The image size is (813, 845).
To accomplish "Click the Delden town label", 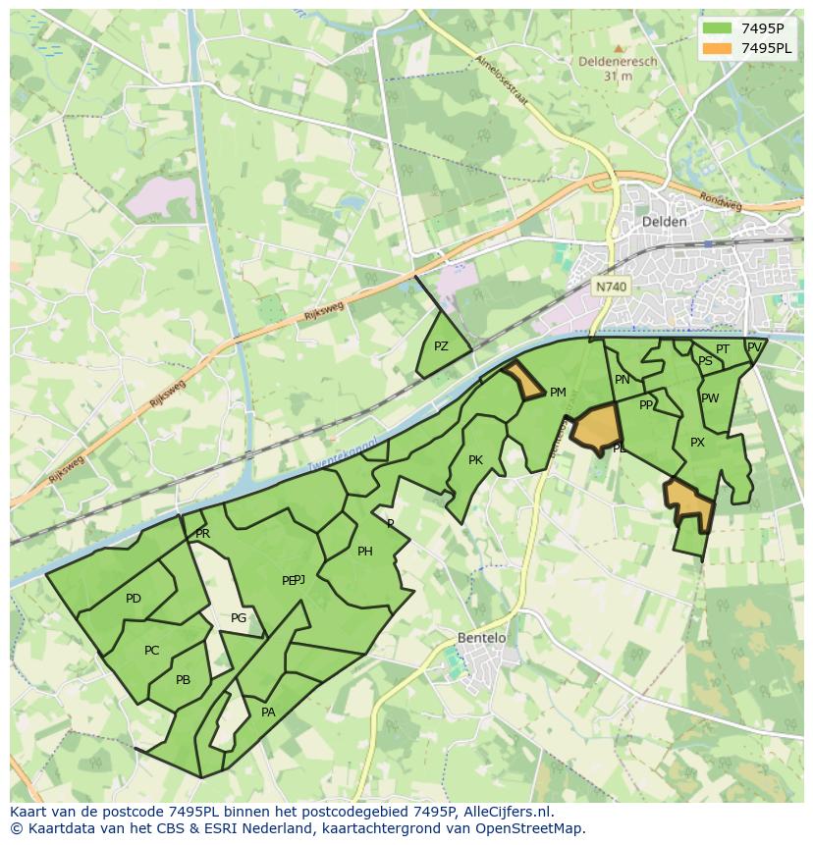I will point(664,222).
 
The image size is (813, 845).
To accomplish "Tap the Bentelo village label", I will point(481,638).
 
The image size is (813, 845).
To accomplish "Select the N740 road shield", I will point(611,287).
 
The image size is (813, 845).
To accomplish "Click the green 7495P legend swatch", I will point(718,27).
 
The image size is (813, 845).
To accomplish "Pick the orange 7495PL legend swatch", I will point(718,48).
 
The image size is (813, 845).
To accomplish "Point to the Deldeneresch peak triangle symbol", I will point(618,48).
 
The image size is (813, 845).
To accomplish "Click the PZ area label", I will point(441,346).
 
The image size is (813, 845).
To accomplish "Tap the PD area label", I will point(134,599).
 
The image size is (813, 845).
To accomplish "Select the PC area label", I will point(151,651).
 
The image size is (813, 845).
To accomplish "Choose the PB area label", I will point(183,680).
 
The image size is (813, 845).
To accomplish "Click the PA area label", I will point(268,713).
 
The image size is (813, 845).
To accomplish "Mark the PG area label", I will point(239,618).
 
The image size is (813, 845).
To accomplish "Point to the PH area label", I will point(364,552).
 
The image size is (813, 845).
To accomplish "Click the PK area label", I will point(475,460).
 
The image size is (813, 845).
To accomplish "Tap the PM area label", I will point(558,393).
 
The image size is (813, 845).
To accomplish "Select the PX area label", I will point(697,443).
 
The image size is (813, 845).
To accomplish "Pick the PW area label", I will point(710,398).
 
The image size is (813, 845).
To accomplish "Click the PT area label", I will point(723,349).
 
